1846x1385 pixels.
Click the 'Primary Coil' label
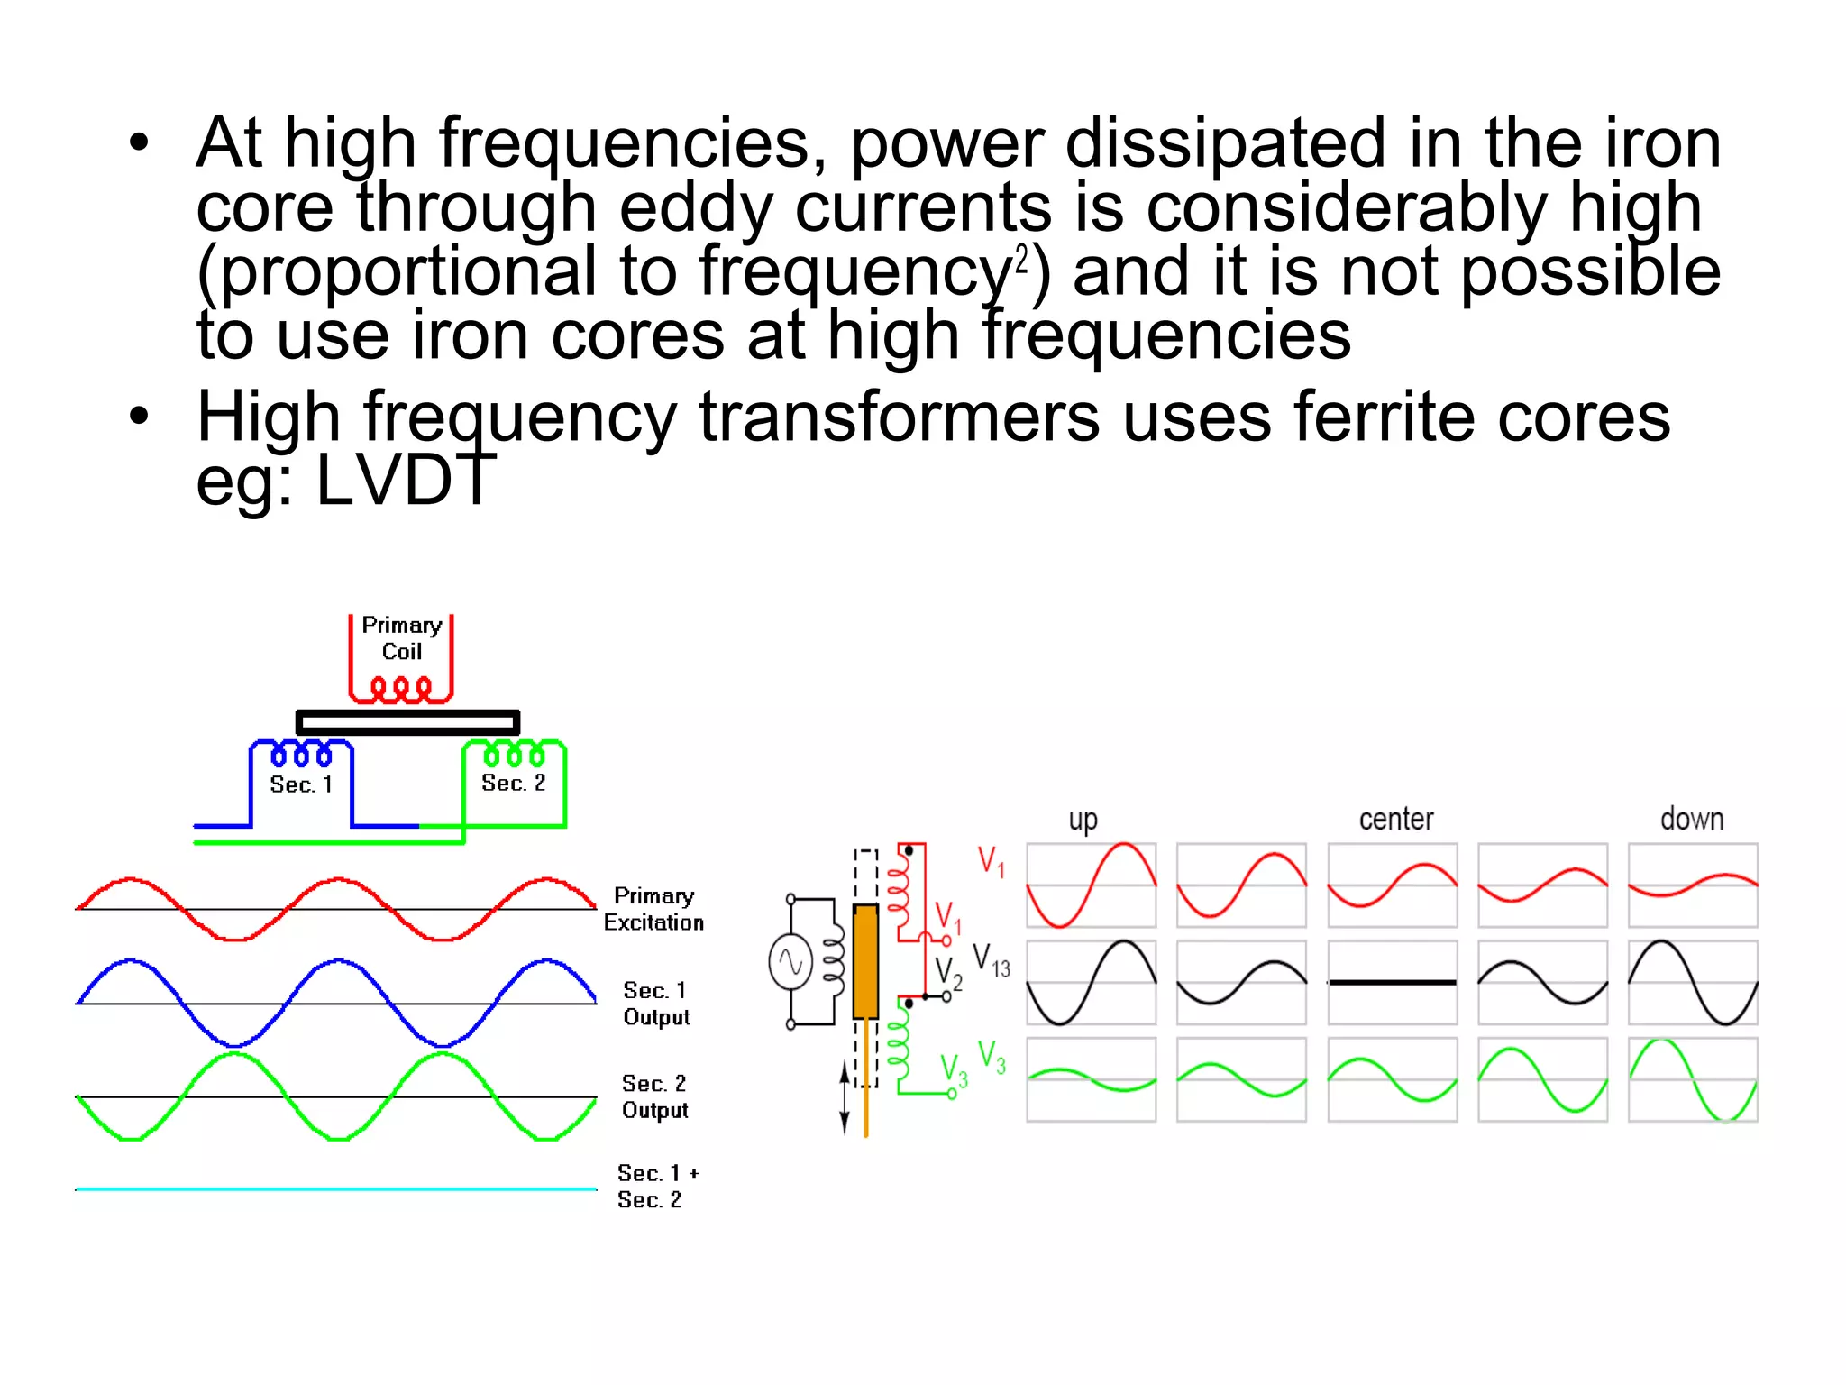(x=401, y=638)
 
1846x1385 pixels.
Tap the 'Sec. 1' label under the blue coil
(x=301, y=784)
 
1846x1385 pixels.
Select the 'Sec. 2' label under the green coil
(x=513, y=783)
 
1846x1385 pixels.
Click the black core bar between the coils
(x=407, y=722)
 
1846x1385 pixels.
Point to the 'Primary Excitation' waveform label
(x=653, y=909)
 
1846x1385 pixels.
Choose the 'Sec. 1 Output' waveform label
(x=655, y=1004)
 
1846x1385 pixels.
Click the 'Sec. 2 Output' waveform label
(x=654, y=1096)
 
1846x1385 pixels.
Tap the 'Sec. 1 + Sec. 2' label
(x=656, y=1187)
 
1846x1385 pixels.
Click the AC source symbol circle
(x=790, y=962)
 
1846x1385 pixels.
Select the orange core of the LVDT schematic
(x=865, y=961)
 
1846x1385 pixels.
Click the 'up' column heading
(x=1083, y=820)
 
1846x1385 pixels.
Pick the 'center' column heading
(x=1395, y=819)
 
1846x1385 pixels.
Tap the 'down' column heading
(x=1692, y=819)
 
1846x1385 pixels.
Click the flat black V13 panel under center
(x=1393, y=982)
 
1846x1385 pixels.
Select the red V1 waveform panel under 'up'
(x=1092, y=885)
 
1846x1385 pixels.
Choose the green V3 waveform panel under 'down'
(x=1693, y=1079)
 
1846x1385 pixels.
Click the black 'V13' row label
(x=992, y=961)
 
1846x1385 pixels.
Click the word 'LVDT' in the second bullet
(x=405, y=481)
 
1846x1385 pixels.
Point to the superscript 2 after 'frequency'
(x=1021, y=259)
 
